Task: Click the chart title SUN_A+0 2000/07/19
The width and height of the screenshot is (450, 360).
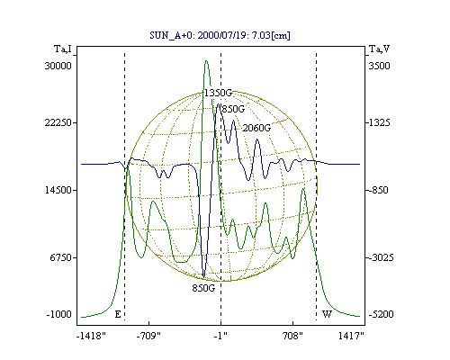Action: (220, 35)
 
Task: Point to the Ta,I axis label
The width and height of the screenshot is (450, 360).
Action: (63, 49)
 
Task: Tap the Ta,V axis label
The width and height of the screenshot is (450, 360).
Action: (379, 49)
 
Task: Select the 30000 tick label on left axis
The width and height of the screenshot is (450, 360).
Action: (58, 66)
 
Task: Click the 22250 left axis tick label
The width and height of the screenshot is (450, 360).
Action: (58, 122)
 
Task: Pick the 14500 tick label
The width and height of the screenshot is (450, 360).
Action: (58, 190)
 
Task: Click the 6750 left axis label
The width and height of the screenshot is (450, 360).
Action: (61, 257)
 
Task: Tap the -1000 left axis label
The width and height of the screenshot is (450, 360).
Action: (59, 314)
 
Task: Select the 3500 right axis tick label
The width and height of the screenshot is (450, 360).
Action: (379, 66)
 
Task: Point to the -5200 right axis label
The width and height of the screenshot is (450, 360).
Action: (381, 314)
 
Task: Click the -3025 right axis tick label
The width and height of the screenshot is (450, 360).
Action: (381, 257)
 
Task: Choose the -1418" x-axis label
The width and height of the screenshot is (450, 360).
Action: (91, 336)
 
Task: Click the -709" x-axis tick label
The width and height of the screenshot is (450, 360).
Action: (148, 336)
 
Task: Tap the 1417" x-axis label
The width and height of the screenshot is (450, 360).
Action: (351, 336)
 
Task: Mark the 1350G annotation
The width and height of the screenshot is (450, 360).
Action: (218, 93)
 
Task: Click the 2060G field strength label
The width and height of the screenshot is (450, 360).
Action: (256, 128)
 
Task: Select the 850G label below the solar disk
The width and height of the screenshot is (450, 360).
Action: (203, 288)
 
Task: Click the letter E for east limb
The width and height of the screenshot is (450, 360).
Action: (118, 314)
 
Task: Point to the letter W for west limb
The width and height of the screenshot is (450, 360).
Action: (327, 314)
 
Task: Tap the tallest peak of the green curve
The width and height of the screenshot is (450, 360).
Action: (206, 61)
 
